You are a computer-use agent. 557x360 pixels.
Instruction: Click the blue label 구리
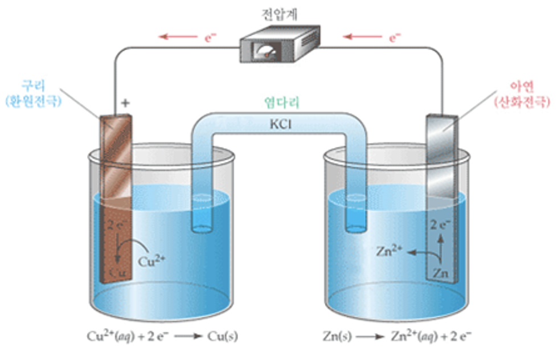[34, 85]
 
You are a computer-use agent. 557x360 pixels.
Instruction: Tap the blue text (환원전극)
[34, 101]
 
